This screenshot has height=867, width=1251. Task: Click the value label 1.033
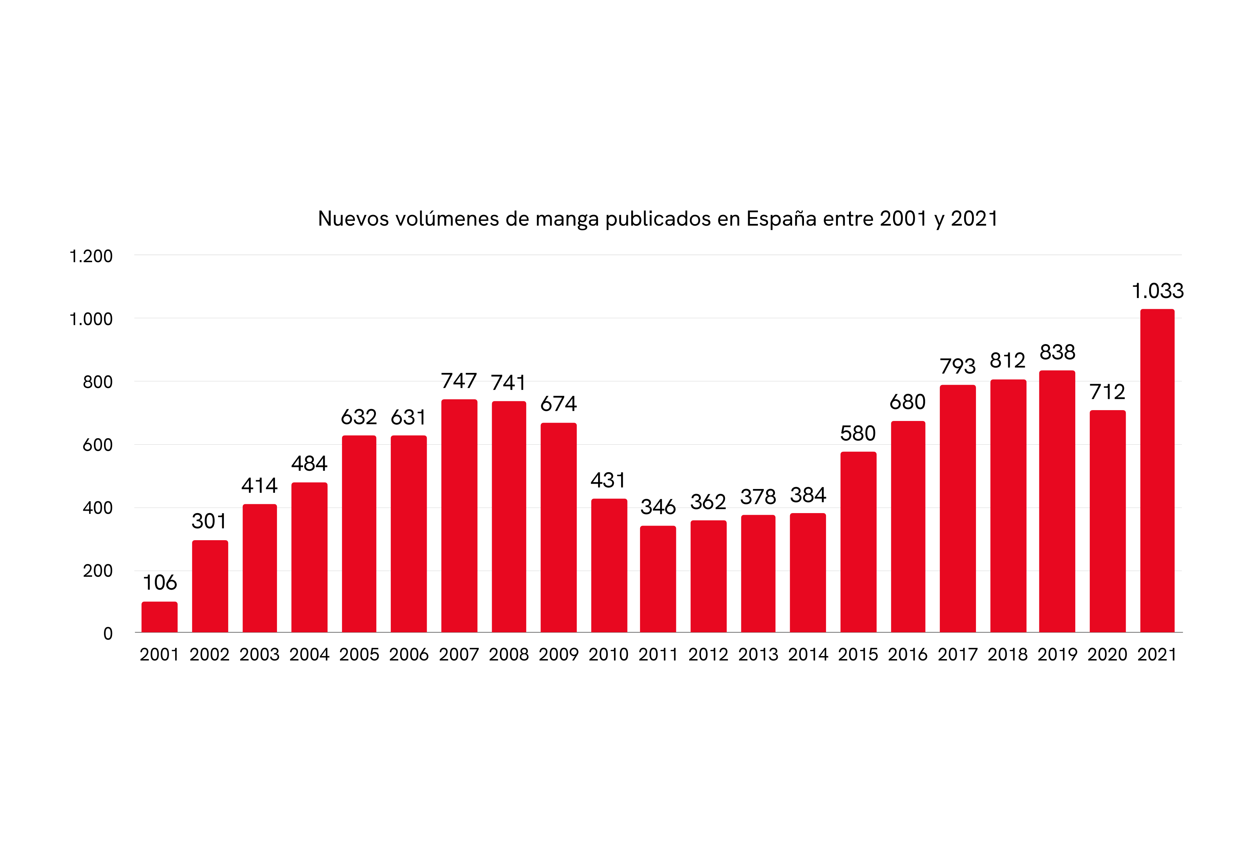pyautogui.click(x=1158, y=291)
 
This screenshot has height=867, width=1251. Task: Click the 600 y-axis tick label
pyautogui.click(x=98, y=445)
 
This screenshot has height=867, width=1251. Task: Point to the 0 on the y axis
pyautogui.click(x=108, y=633)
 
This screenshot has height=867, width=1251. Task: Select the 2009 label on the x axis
pyautogui.click(x=558, y=655)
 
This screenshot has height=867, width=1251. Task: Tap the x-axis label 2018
pyautogui.click(x=1008, y=655)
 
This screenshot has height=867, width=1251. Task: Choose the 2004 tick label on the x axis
pyautogui.click(x=309, y=655)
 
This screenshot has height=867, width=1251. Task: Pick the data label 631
pyautogui.click(x=408, y=417)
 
